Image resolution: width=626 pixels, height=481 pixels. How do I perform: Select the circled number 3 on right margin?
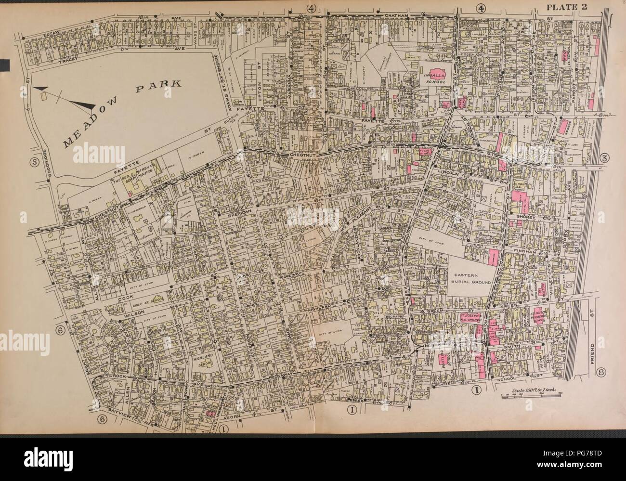pos(605,159)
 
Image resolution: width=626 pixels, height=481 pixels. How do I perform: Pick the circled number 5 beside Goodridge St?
pos(34,161)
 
